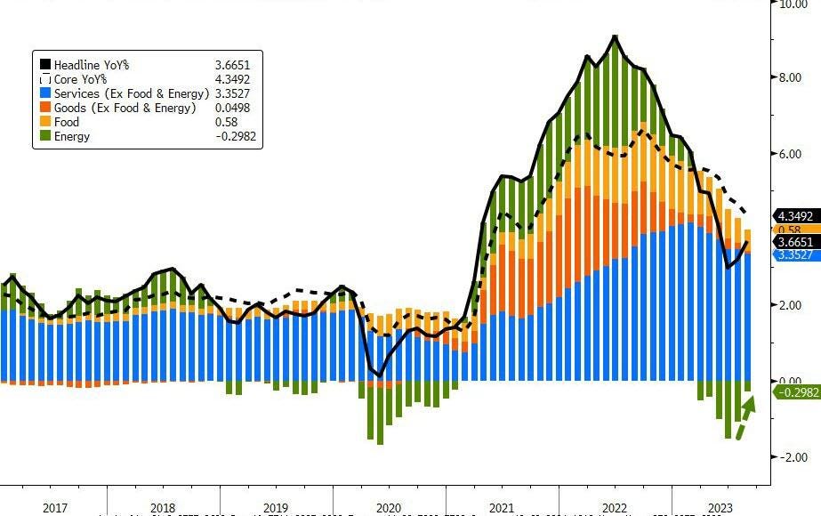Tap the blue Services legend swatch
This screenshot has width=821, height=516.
tap(44, 93)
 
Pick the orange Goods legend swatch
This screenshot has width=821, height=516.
tap(44, 108)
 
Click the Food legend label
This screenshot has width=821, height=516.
tap(66, 122)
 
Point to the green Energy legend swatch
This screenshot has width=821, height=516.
tap(44, 136)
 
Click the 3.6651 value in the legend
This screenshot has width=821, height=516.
tap(233, 65)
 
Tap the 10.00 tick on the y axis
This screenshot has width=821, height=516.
tap(793, 4)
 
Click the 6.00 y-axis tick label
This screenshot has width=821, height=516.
tap(793, 154)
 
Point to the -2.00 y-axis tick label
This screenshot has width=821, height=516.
tap(793, 457)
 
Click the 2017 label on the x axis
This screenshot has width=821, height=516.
tap(55, 508)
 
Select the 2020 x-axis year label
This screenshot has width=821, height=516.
tap(389, 508)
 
